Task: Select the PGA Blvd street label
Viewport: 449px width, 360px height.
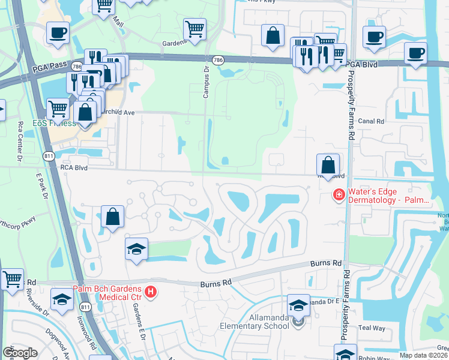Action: [363, 64]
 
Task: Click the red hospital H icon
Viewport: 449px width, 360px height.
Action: [151, 292]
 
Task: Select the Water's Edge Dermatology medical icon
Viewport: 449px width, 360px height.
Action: [339, 194]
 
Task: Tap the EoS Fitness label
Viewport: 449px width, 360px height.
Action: [54, 124]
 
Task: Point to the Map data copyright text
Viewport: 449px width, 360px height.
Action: [424, 355]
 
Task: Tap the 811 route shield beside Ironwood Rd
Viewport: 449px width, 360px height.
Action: [85, 307]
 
